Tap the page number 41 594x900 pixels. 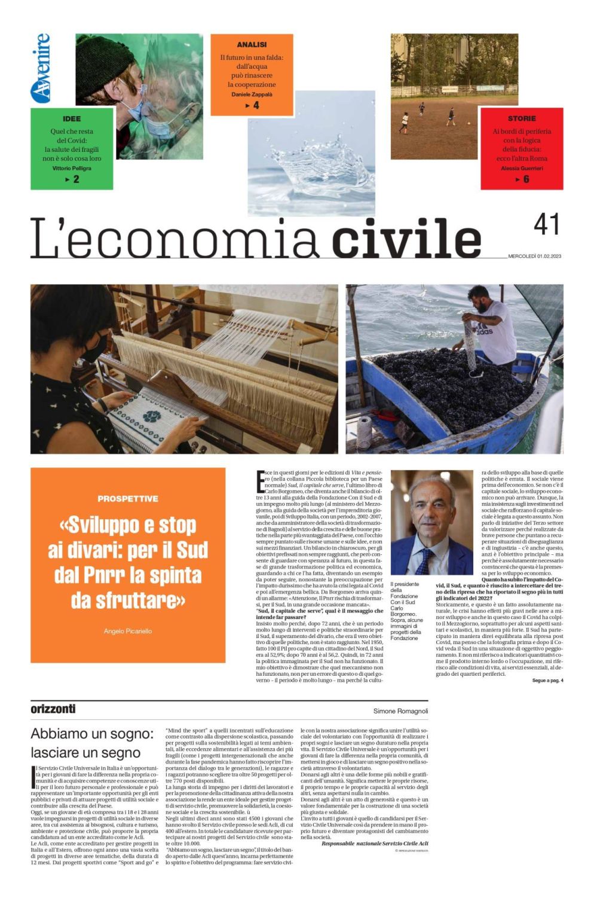tap(546, 225)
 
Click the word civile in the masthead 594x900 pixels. tap(406, 238)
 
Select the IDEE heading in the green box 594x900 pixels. tap(72, 118)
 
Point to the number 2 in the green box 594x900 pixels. tap(76, 179)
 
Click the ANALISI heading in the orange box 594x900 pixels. tap(252, 45)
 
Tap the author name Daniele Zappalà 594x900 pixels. tap(252, 94)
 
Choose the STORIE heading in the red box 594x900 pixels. tap(522, 118)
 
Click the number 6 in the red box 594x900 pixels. tap(526, 179)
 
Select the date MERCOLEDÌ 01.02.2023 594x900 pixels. tap(535, 257)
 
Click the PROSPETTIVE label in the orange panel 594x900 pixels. tap(128, 499)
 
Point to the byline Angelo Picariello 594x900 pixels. tap(128, 631)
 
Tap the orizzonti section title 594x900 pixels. tap(53, 709)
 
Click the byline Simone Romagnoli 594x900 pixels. tap(400, 711)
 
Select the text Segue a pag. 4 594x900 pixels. tap(547, 681)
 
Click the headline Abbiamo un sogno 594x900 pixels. tap(93, 734)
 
